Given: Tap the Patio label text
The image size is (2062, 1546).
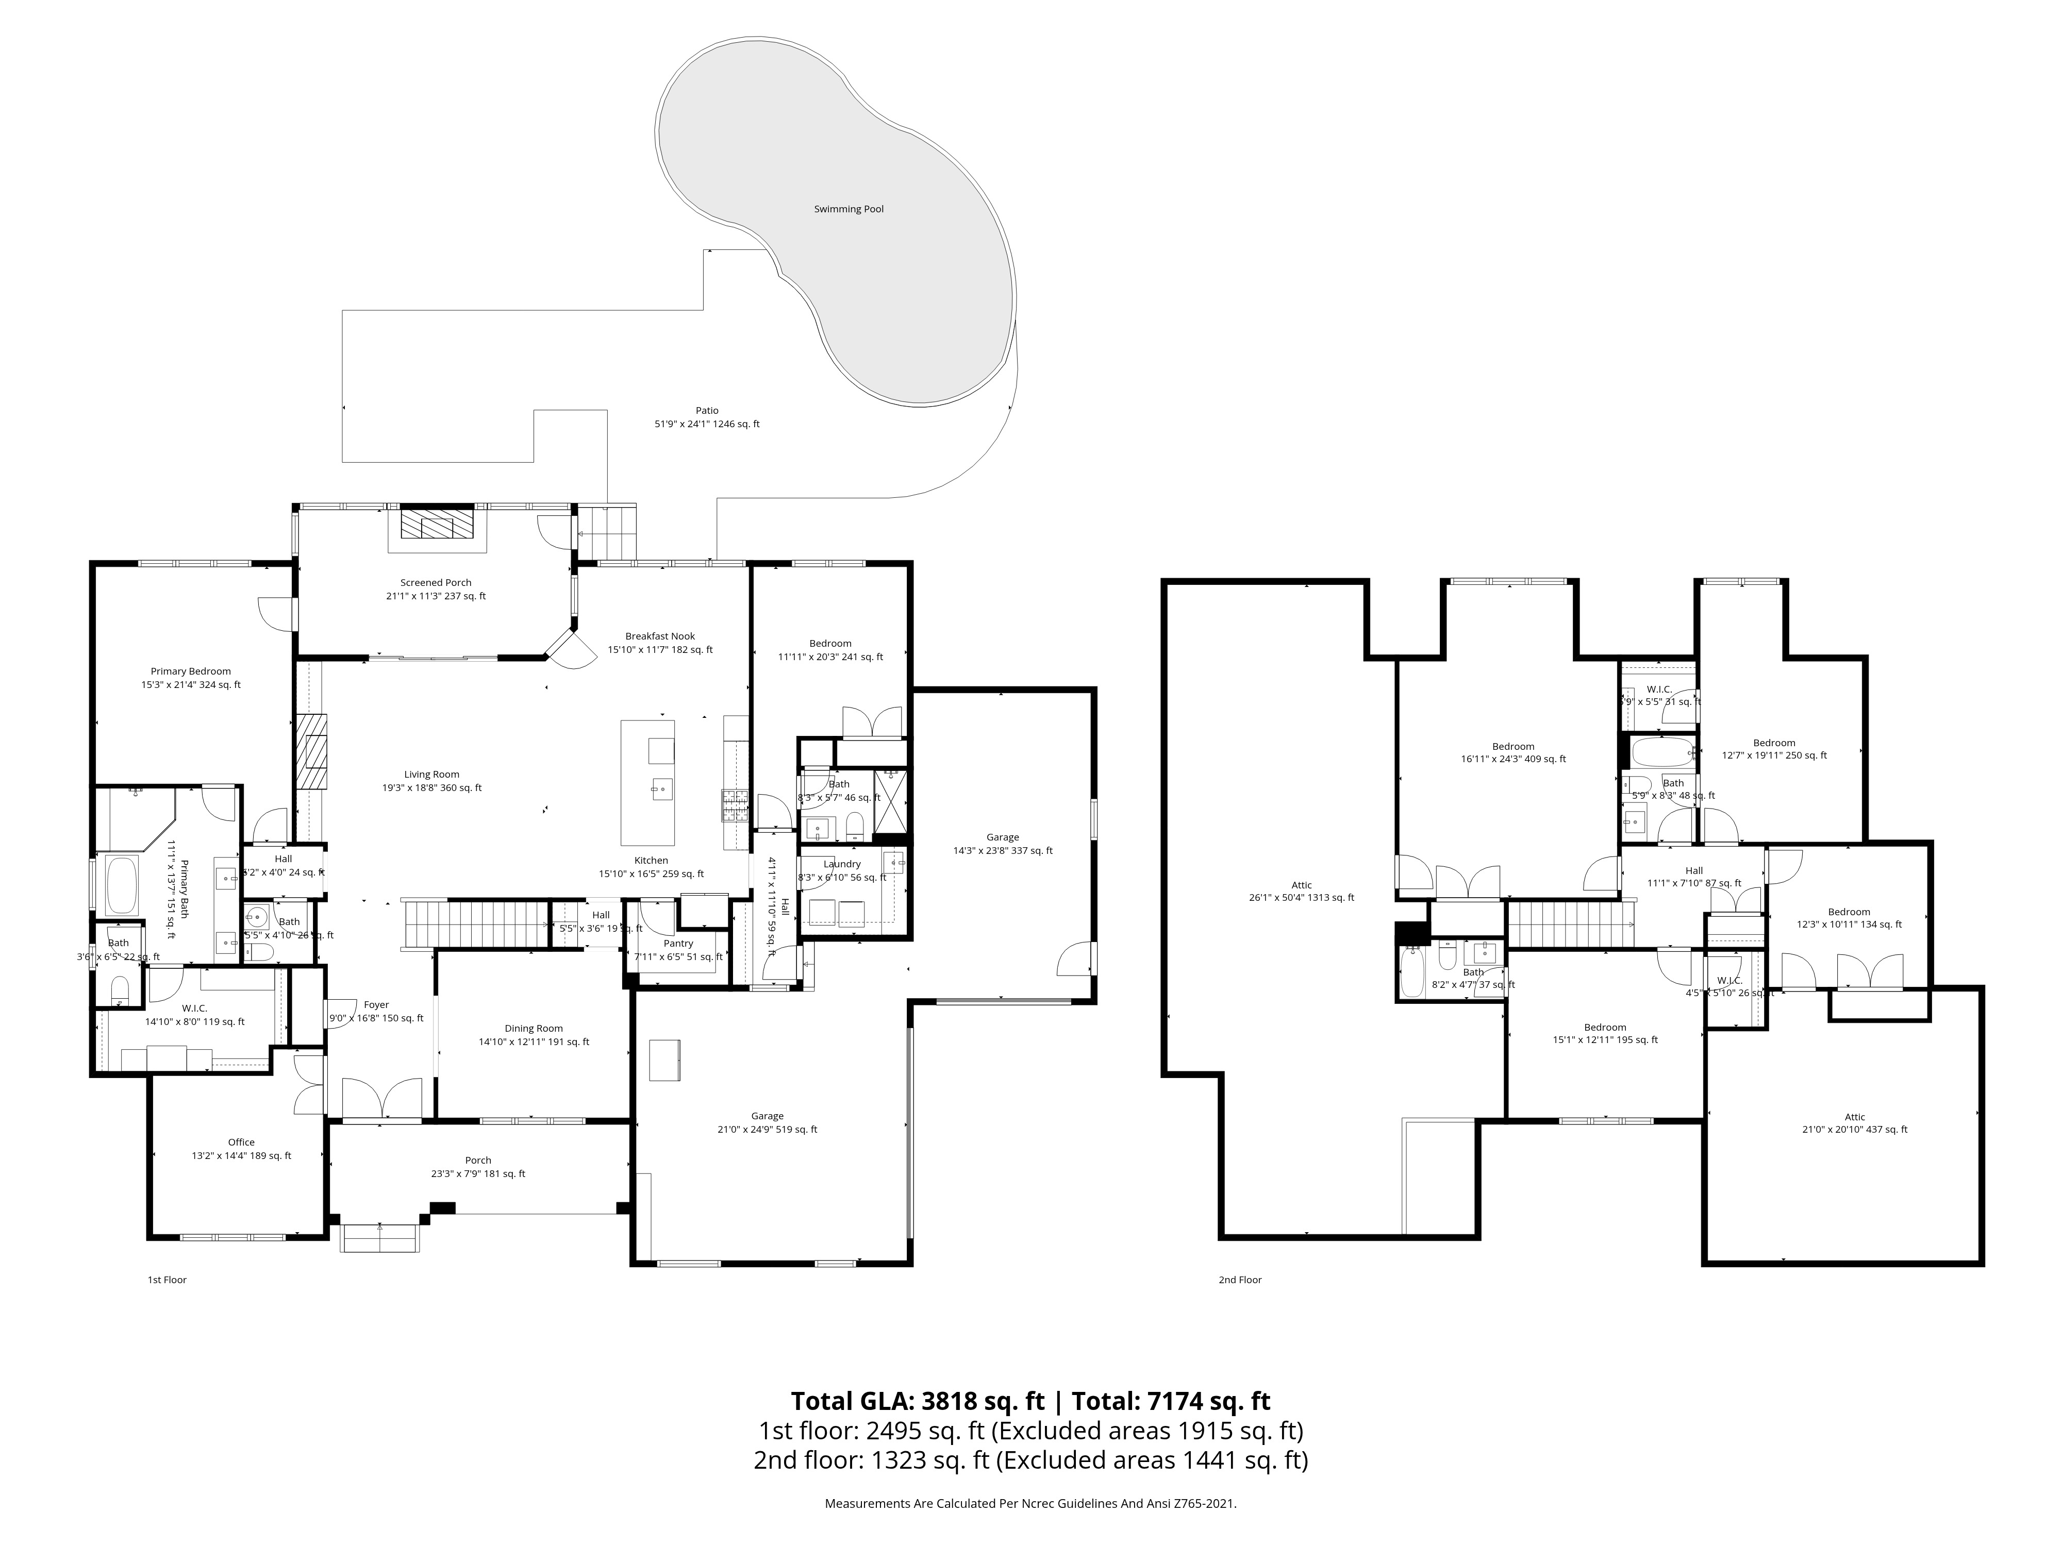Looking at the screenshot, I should [707, 410].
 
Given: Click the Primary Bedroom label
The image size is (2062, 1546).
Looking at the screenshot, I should [190, 671].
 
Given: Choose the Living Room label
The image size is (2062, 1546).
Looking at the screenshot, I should [431, 775].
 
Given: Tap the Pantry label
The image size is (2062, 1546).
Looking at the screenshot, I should [678, 943].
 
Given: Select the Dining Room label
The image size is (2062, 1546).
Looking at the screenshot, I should [533, 1029].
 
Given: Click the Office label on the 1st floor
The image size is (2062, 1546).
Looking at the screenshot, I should [241, 1141].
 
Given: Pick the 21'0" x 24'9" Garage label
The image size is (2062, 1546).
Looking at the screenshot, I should [767, 1116].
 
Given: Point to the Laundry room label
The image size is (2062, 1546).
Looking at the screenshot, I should [842, 864].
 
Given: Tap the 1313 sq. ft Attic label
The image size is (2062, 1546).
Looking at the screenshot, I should [1301, 885].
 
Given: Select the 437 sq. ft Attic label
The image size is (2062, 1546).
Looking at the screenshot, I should [1854, 1116].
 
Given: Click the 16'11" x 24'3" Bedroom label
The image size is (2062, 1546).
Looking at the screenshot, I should [1513, 746].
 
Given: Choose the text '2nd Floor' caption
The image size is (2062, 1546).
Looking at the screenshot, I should [1240, 1280].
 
